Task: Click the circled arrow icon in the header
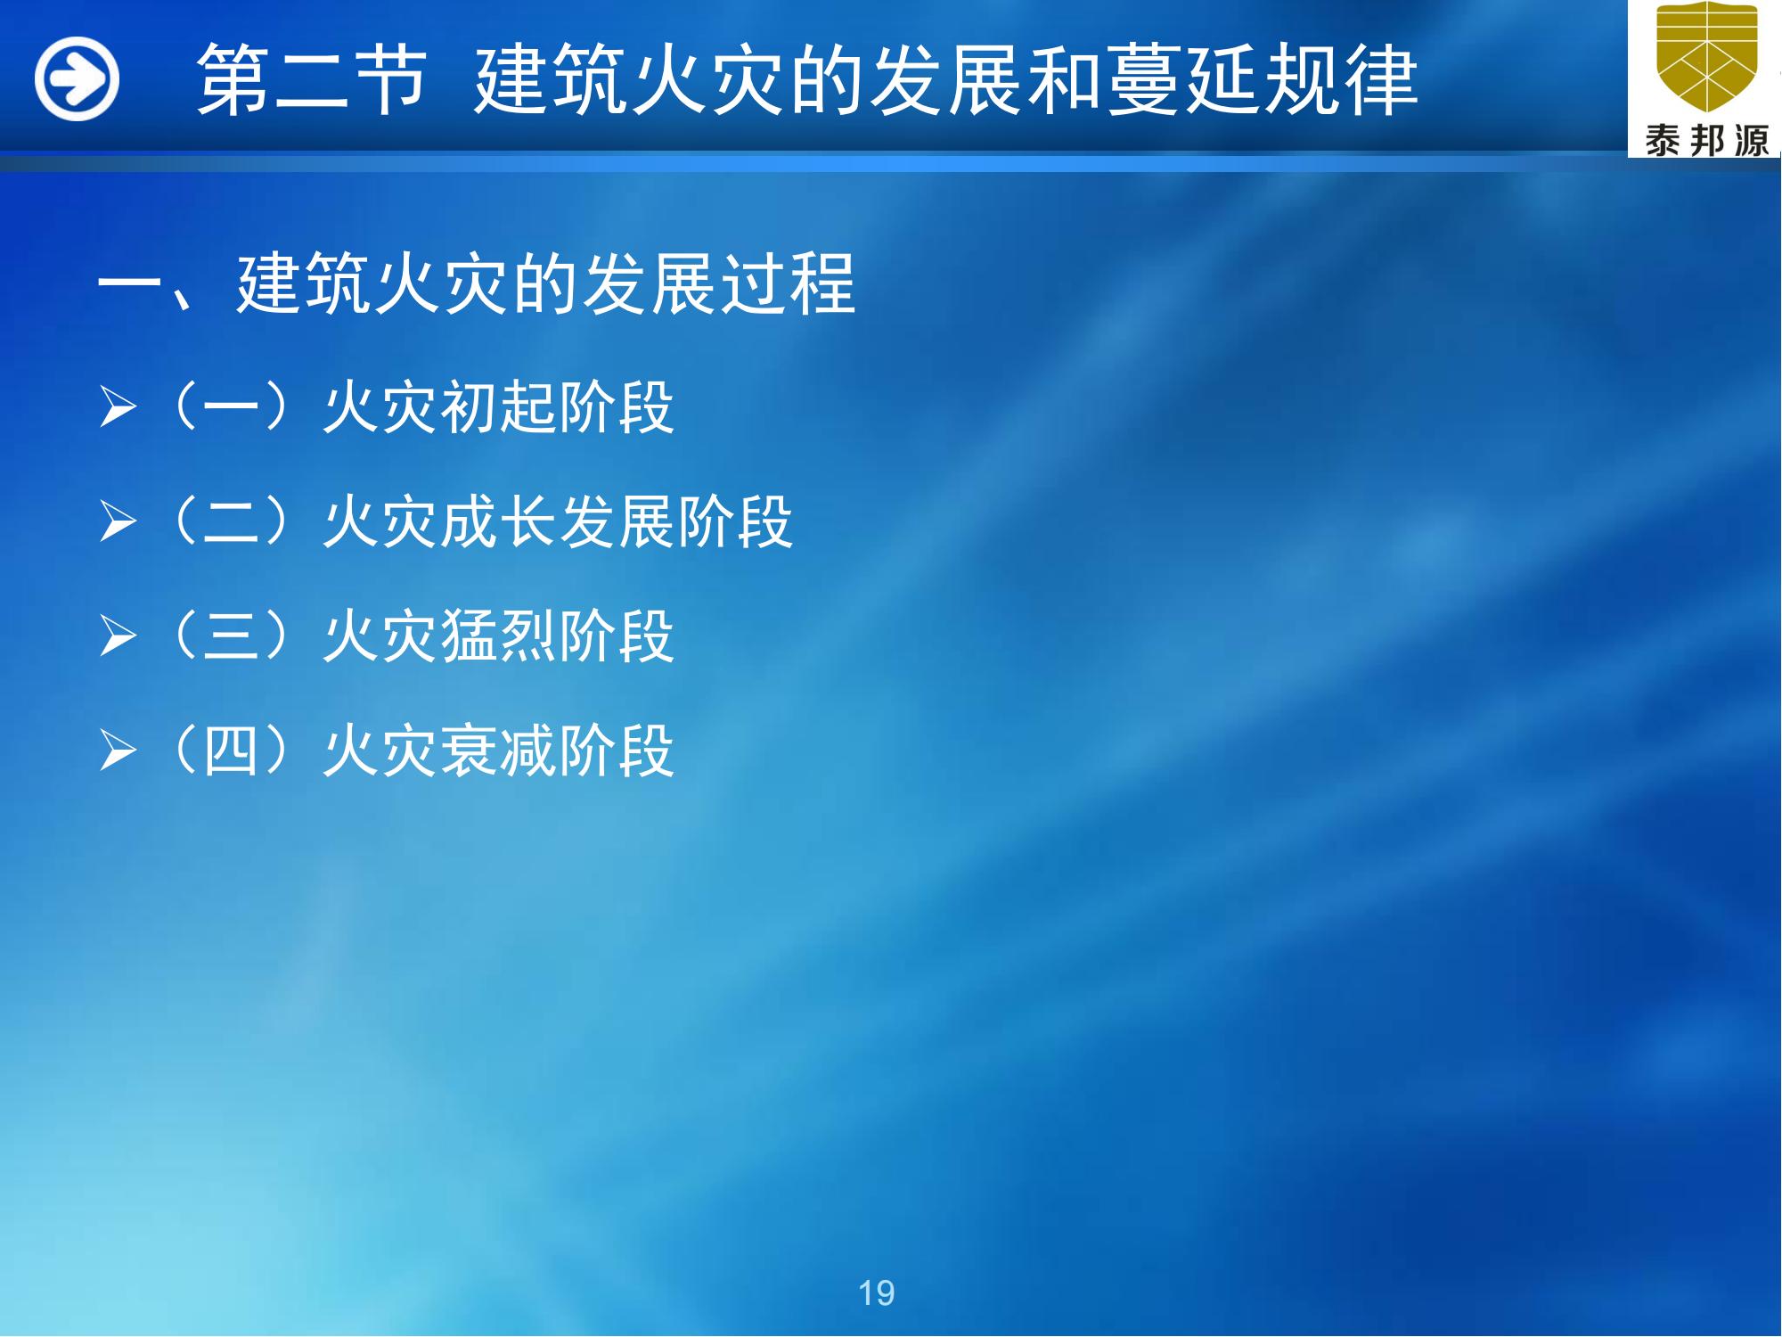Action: pyautogui.click(x=77, y=78)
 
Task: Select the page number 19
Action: pyautogui.click(x=876, y=1292)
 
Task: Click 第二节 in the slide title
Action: pyautogui.click(x=311, y=80)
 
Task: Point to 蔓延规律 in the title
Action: pyautogui.click(x=1262, y=80)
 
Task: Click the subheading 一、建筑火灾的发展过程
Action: pyautogui.click(x=476, y=283)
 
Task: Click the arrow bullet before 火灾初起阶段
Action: pyautogui.click(x=118, y=408)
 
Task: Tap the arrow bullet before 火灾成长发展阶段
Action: pyautogui.click(x=118, y=521)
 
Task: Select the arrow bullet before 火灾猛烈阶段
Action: pyautogui.click(x=118, y=636)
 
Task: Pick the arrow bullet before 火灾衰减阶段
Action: pyautogui.click(x=118, y=750)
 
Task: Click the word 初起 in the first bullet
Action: pyautogui.click(x=498, y=408)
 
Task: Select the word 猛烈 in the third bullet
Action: pyautogui.click(x=498, y=636)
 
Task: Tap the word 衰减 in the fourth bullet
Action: pyautogui.click(x=498, y=750)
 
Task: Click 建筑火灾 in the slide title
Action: pyautogui.click(x=629, y=80)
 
